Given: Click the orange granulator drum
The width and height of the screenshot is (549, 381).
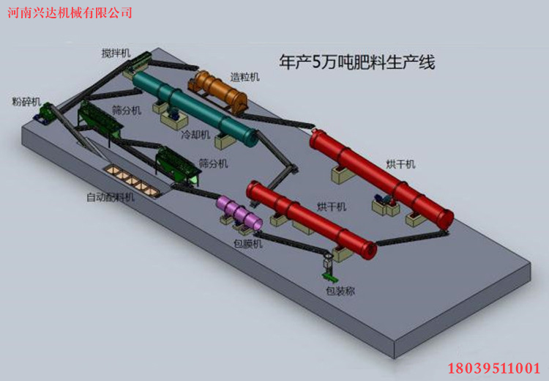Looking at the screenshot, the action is (x=218, y=91).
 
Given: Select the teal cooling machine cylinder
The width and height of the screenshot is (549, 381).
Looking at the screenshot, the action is (x=195, y=108).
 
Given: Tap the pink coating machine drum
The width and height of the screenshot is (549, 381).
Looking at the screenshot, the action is (x=239, y=212).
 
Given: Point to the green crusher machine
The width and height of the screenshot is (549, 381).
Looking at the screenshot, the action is (x=45, y=114).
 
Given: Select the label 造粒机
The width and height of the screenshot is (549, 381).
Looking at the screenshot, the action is (x=244, y=77).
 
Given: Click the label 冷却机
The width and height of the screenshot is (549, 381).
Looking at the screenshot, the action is (x=195, y=135).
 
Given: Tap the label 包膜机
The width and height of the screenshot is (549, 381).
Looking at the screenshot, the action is (x=248, y=243).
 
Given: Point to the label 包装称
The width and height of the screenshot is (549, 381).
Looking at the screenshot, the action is (x=340, y=291).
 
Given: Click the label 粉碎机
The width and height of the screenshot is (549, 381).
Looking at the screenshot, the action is (x=26, y=102).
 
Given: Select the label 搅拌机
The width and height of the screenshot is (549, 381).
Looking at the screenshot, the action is (x=116, y=53).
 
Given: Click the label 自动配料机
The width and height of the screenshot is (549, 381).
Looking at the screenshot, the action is (x=111, y=197).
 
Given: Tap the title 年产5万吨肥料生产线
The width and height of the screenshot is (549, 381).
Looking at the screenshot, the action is (x=356, y=62).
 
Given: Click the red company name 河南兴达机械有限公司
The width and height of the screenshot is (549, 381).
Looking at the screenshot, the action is (x=70, y=12).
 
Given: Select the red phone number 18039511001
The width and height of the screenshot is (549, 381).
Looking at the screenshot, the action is (x=494, y=369).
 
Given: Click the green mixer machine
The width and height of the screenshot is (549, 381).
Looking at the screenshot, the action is (x=138, y=62).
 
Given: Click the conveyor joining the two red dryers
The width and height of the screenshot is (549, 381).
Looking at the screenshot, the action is (x=412, y=237).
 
